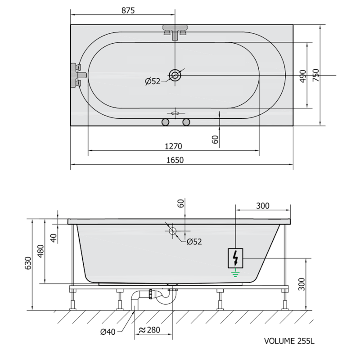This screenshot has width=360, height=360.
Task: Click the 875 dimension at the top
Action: [x=128, y=10]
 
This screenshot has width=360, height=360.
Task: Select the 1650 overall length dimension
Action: [x=175, y=160]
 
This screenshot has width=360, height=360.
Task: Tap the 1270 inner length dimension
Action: [x=174, y=146]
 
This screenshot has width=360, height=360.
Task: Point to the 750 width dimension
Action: [x=316, y=75]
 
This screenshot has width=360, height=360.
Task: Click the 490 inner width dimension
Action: [x=303, y=76]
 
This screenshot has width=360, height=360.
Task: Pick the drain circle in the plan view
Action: [x=175, y=75]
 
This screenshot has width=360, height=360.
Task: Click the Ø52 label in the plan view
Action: [x=153, y=81]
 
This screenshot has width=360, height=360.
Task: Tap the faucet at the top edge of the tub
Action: [x=175, y=31]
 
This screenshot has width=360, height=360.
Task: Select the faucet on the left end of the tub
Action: [x=78, y=75]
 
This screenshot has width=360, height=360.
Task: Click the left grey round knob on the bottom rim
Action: [x=165, y=122]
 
